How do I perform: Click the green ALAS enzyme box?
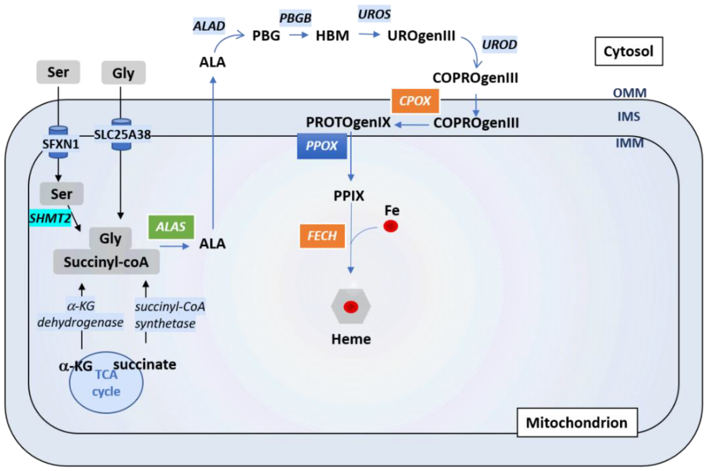171,227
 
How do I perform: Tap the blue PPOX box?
321,146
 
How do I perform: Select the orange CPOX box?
415,101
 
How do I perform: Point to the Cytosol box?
628,51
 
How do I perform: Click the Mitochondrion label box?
576,423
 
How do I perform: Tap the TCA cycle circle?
106,388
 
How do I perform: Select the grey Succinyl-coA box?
106,262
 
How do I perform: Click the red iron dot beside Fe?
390,226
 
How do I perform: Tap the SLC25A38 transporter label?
122,135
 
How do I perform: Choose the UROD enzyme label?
499,45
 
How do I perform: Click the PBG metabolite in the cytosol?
266,36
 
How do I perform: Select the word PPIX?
348,196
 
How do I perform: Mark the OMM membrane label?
629,93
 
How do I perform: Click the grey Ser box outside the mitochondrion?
58,72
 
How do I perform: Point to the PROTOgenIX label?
348,123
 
